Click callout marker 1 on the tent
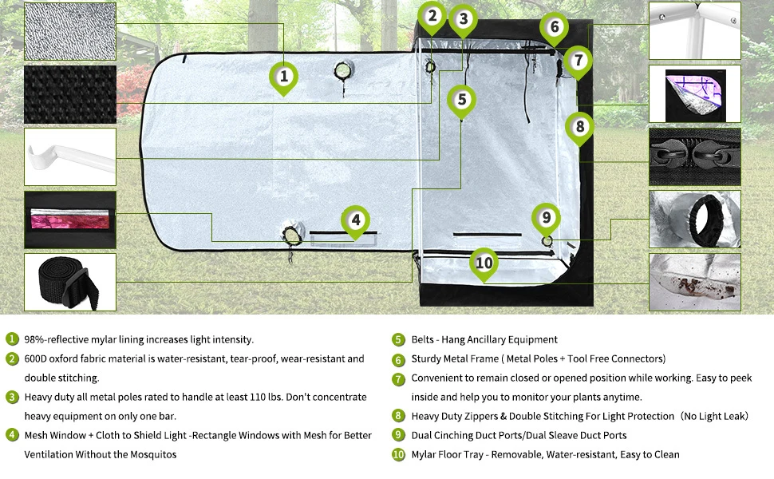point(283,77)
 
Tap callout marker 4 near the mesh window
point(356,220)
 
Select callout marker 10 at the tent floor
point(484,262)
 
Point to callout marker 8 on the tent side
point(580,126)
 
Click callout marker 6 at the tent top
point(555,27)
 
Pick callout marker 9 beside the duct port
point(546,217)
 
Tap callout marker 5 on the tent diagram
point(462,100)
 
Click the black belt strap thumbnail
point(70,283)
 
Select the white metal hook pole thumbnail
point(70,156)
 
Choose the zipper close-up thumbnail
point(694,156)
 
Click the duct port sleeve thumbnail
point(694,219)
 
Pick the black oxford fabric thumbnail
point(70,93)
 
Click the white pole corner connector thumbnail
point(694,30)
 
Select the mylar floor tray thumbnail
point(694,282)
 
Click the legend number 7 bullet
point(399,378)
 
